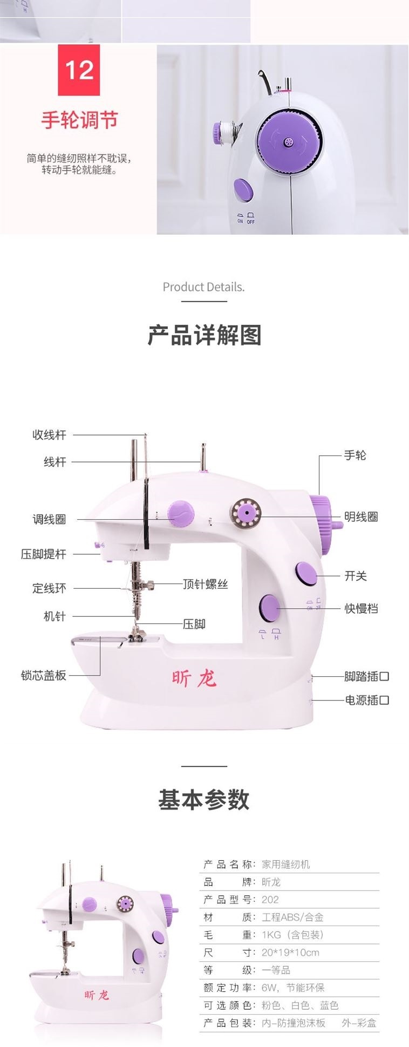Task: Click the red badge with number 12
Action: pos(79,70)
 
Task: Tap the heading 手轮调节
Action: pos(79,120)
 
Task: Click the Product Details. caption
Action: pos(203,287)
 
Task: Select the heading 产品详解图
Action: pos(204,335)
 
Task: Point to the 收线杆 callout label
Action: pos(49,434)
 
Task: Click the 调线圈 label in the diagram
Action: pos(49,519)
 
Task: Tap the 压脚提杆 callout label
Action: pos(43,554)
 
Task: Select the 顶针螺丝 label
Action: pos(205,584)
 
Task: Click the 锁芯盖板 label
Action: pos(43,675)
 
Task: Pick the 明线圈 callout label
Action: pos(361,516)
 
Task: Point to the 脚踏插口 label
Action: pos(366,676)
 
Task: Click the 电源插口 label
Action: pos(367,700)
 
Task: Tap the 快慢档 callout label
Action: pos(361,608)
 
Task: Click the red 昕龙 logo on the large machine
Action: pos(194,678)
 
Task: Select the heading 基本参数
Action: pos(204,799)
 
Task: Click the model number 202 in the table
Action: pos(270,899)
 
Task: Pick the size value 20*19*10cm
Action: pos(290,952)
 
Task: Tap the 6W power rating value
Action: pos(269,987)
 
